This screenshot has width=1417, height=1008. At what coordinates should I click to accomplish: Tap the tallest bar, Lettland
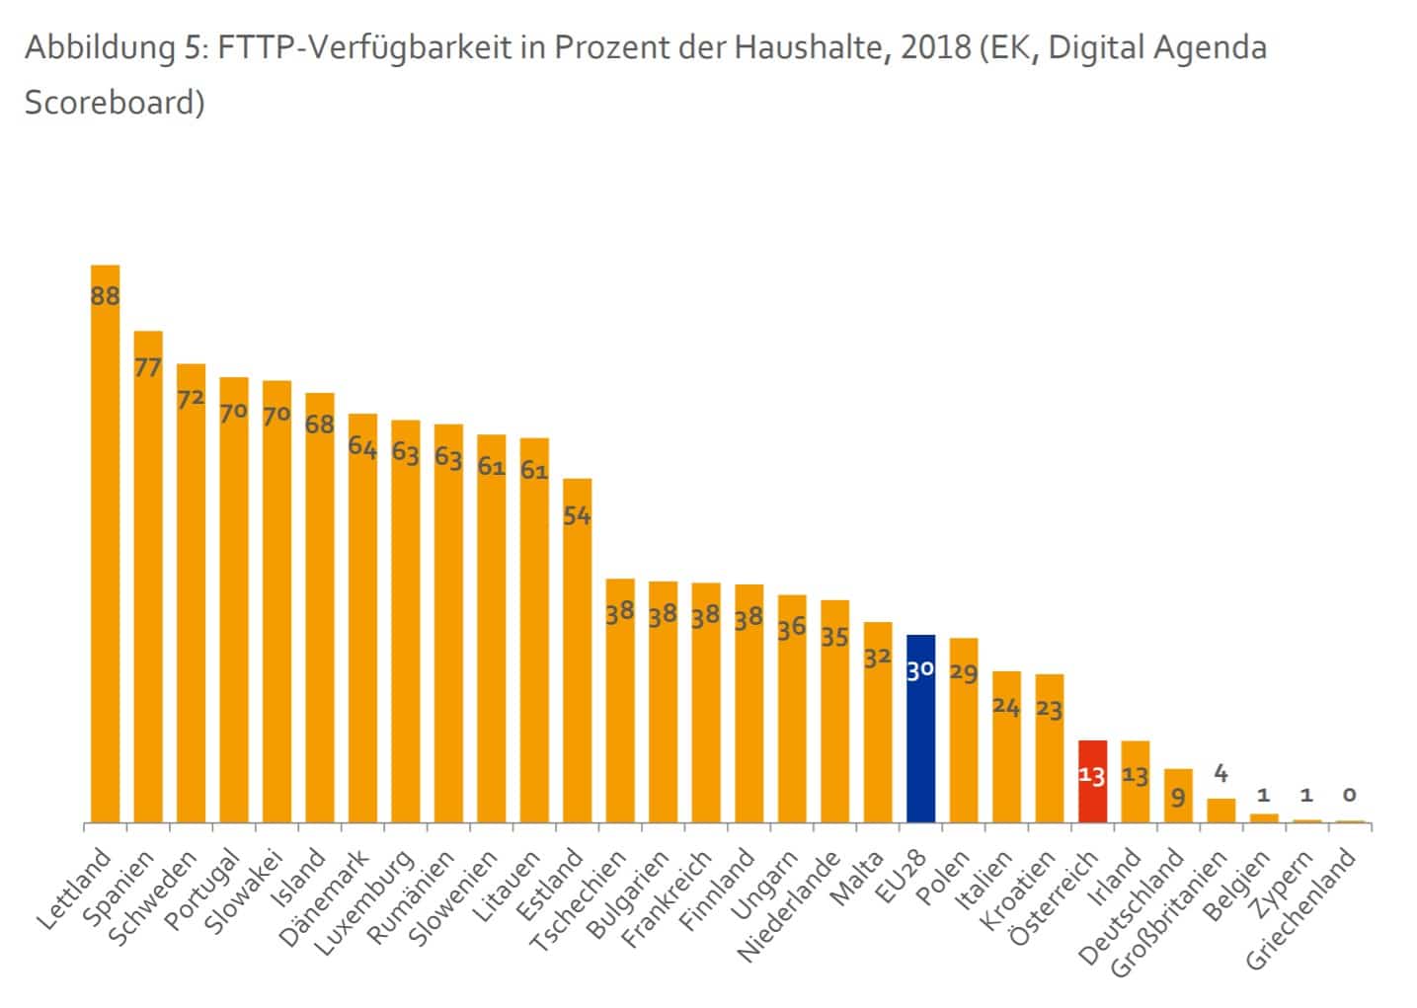105,543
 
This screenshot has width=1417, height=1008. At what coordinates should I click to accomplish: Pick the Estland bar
578,651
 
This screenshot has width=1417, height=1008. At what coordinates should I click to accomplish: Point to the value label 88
105,295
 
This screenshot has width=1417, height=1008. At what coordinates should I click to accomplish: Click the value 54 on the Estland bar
578,514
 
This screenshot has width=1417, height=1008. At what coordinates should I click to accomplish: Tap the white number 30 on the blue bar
920,670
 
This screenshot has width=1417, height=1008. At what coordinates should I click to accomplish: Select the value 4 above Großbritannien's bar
1220,773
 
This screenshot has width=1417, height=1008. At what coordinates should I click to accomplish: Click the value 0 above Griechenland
1349,795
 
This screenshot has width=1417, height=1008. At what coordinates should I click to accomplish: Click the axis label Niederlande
790,906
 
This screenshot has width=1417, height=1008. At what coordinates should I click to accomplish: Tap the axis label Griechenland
1302,909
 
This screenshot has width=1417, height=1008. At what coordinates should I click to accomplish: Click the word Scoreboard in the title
115,103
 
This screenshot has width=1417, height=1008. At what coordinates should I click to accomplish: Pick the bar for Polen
964,731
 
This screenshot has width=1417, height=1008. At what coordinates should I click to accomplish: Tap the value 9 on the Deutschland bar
1178,796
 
